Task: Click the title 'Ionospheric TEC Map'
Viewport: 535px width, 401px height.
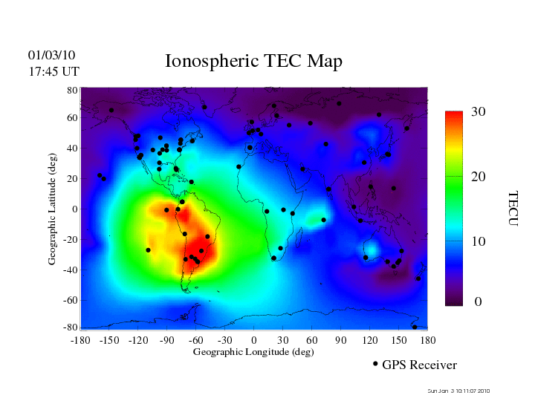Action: (x=253, y=62)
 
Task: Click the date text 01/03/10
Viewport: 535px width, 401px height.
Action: (x=52, y=55)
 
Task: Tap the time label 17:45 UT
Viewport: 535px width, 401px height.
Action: (x=53, y=71)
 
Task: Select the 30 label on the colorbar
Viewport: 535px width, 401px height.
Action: (x=479, y=111)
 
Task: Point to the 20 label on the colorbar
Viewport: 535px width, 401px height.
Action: (x=479, y=177)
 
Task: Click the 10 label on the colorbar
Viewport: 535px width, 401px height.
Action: (x=479, y=242)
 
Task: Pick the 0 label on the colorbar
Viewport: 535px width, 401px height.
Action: (x=479, y=301)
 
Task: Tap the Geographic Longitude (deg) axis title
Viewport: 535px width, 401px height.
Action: (x=253, y=352)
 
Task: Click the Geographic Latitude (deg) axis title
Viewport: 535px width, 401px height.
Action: (x=53, y=214)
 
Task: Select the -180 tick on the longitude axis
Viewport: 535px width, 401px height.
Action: (x=80, y=340)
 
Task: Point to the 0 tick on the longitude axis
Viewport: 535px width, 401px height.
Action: (x=253, y=340)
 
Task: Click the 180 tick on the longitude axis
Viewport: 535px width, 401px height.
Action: (x=427, y=340)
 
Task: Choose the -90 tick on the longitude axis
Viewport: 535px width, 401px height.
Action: (x=166, y=340)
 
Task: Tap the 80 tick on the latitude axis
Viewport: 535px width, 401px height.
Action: (x=73, y=90)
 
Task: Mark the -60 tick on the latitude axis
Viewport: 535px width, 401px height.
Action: (x=71, y=300)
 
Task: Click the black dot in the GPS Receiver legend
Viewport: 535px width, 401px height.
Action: (x=375, y=364)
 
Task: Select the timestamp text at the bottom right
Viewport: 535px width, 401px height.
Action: (x=458, y=391)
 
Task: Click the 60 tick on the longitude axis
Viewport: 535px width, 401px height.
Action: (x=311, y=340)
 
